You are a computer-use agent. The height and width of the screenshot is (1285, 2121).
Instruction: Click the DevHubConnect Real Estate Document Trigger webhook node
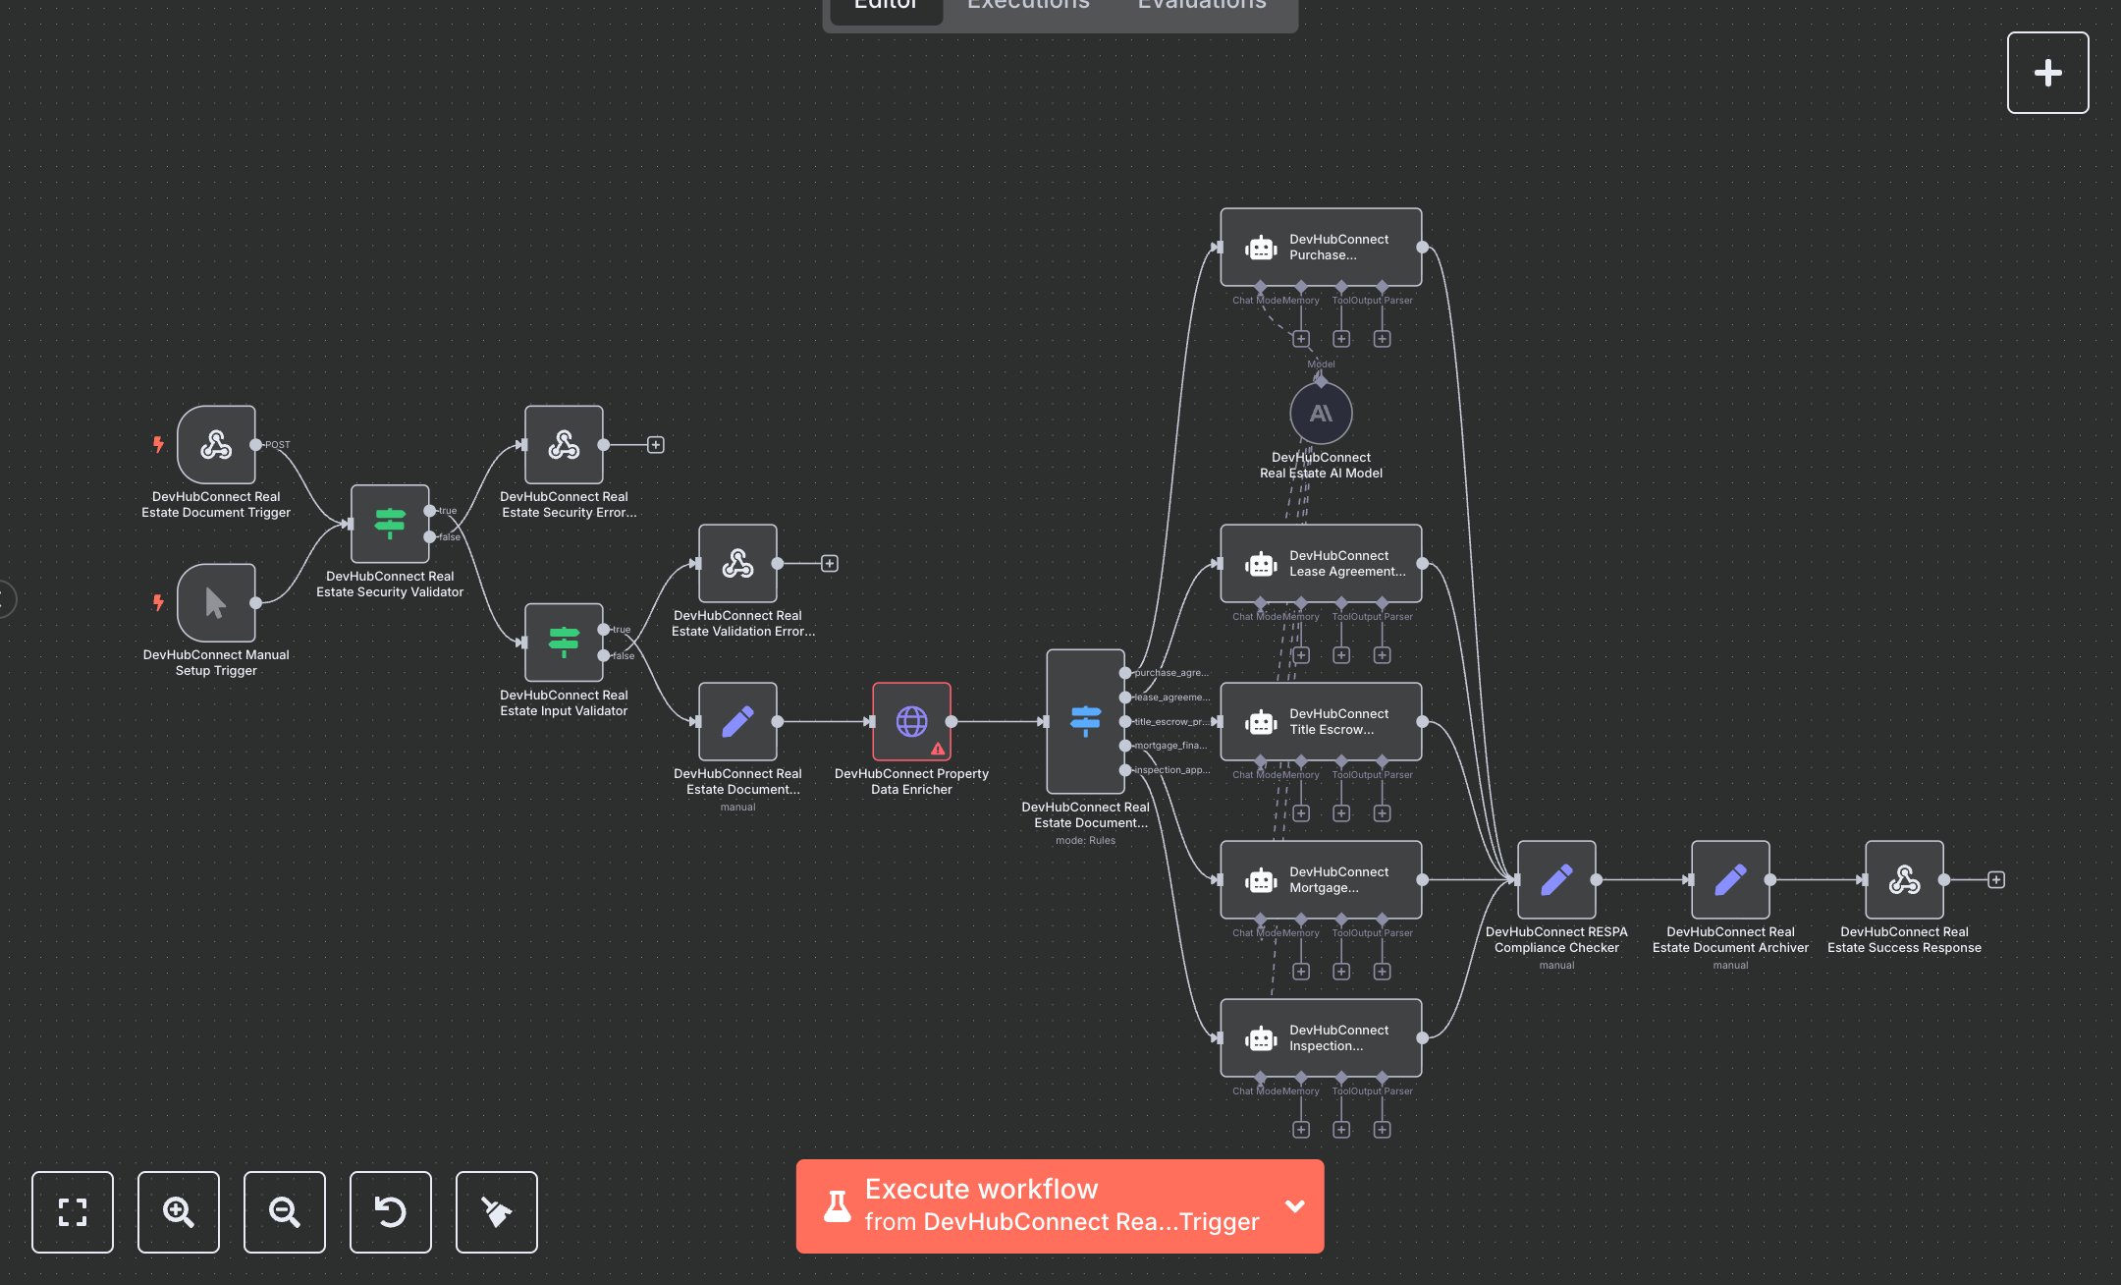tap(216, 445)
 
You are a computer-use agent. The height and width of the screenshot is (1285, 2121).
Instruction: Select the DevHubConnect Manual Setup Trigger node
tap(216, 603)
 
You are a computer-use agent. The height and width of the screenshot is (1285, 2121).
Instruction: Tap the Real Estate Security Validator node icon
tap(390, 524)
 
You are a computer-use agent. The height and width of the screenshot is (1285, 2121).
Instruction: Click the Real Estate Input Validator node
tap(564, 642)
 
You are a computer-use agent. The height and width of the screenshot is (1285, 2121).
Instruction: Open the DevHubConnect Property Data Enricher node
tap(911, 722)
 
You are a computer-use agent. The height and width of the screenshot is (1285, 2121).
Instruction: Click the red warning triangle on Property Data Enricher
tap(938, 750)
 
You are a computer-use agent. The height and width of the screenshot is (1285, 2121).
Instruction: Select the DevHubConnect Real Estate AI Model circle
tap(1321, 414)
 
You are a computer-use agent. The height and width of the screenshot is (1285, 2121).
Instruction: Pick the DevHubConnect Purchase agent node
tap(1321, 248)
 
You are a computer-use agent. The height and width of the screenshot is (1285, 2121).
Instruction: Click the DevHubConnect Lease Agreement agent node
tap(1321, 564)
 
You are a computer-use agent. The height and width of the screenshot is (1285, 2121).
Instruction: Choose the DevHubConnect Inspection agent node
tap(1321, 1038)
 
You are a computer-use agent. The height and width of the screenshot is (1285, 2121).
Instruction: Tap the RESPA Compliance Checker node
tap(1556, 880)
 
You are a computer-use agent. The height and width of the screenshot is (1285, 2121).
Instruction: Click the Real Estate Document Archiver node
tap(1730, 880)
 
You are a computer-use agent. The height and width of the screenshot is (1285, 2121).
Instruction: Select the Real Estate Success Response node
tap(1904, 880)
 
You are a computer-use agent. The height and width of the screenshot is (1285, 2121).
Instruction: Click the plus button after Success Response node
tap(1996, 880)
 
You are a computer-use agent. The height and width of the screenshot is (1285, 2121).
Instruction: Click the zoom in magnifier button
tap(179, 1212)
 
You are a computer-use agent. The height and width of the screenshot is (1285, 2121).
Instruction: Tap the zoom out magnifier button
tap(285, 1212)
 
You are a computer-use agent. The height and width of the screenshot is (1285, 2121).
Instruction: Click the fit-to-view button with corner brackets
tap(73, 1212)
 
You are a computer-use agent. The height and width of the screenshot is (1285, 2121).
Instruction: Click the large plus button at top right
tap(2047, 73)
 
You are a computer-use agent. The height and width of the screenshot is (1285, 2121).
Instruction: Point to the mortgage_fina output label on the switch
tap(1170, 746)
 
